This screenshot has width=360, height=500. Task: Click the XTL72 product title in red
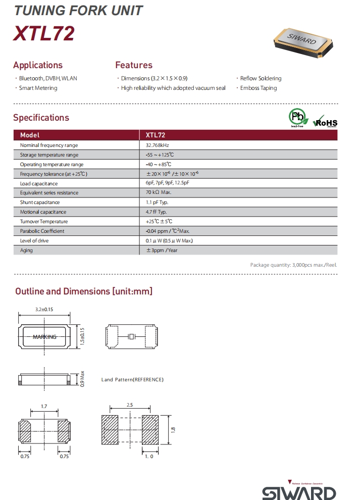point(44,33)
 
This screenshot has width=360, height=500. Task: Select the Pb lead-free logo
point(298,118)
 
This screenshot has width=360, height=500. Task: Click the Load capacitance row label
point(39,183)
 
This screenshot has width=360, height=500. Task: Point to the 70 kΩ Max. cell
point(159,193)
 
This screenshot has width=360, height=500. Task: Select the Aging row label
point(26,251)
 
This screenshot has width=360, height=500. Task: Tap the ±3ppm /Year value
point(162,251)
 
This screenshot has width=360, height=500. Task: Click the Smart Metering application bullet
point(38,88)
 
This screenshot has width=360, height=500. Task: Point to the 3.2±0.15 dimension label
point(44,309)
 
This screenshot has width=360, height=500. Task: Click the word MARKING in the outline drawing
point(44,337)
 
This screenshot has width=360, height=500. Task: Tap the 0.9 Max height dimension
point(82,379)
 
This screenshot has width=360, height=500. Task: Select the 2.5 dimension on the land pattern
point(130,406)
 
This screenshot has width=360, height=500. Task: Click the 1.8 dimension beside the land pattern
point(173,429)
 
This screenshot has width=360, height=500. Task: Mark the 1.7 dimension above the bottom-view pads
point(44,406)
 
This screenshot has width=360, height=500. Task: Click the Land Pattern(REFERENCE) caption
point(132,380)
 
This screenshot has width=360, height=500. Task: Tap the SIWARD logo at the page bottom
point(299,492)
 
